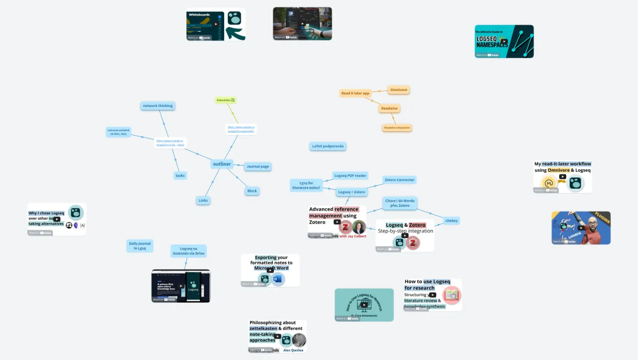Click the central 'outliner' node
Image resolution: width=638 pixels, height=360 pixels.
click(x=222, y=164)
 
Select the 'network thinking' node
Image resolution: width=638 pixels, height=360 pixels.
click(x=158, y=106)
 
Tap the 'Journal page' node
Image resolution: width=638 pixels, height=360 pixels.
click(x=258, y=166)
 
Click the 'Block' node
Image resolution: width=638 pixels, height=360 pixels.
click(x=252, y=191)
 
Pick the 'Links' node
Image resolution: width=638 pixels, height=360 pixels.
click(x=203, y=201)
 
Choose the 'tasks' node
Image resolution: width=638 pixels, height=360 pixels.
click(x=180, y=175)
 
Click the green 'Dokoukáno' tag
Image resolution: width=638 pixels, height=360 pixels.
click(x=226, y=100)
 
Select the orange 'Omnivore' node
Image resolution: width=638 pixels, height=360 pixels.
click(x=399, y=90)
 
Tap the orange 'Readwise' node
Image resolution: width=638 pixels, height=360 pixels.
click(x=389, y=109)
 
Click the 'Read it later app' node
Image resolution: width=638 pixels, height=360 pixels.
click(x=355, y=93)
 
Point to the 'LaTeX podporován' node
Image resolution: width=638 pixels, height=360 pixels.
click(x=328, y=146)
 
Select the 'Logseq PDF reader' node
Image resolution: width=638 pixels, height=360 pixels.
click(x=350, y=176)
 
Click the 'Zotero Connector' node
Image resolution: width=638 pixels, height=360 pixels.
click(x=399, y=180)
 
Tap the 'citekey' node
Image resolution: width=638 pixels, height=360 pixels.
click(x=451, y=221)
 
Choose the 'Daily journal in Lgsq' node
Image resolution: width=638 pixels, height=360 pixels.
click(x=139, y=246)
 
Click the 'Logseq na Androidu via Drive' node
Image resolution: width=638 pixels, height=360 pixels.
click(x=188, y=251)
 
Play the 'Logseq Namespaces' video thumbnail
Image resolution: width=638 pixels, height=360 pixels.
click(x=504, y=41)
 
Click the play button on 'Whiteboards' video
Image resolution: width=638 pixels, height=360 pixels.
click(x=216, y=24)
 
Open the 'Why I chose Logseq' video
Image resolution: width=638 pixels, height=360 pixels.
click(x=57, y=219)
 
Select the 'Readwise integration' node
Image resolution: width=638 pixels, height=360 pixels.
click(x=397, y=128)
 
